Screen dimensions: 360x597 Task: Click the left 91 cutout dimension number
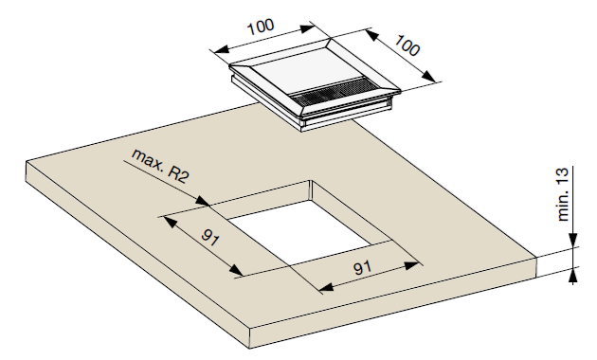(x=210, y=238)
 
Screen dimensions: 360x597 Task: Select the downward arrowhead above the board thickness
(x=571, y=244)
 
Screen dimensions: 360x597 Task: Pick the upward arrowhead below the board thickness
(x=571, y=277)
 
